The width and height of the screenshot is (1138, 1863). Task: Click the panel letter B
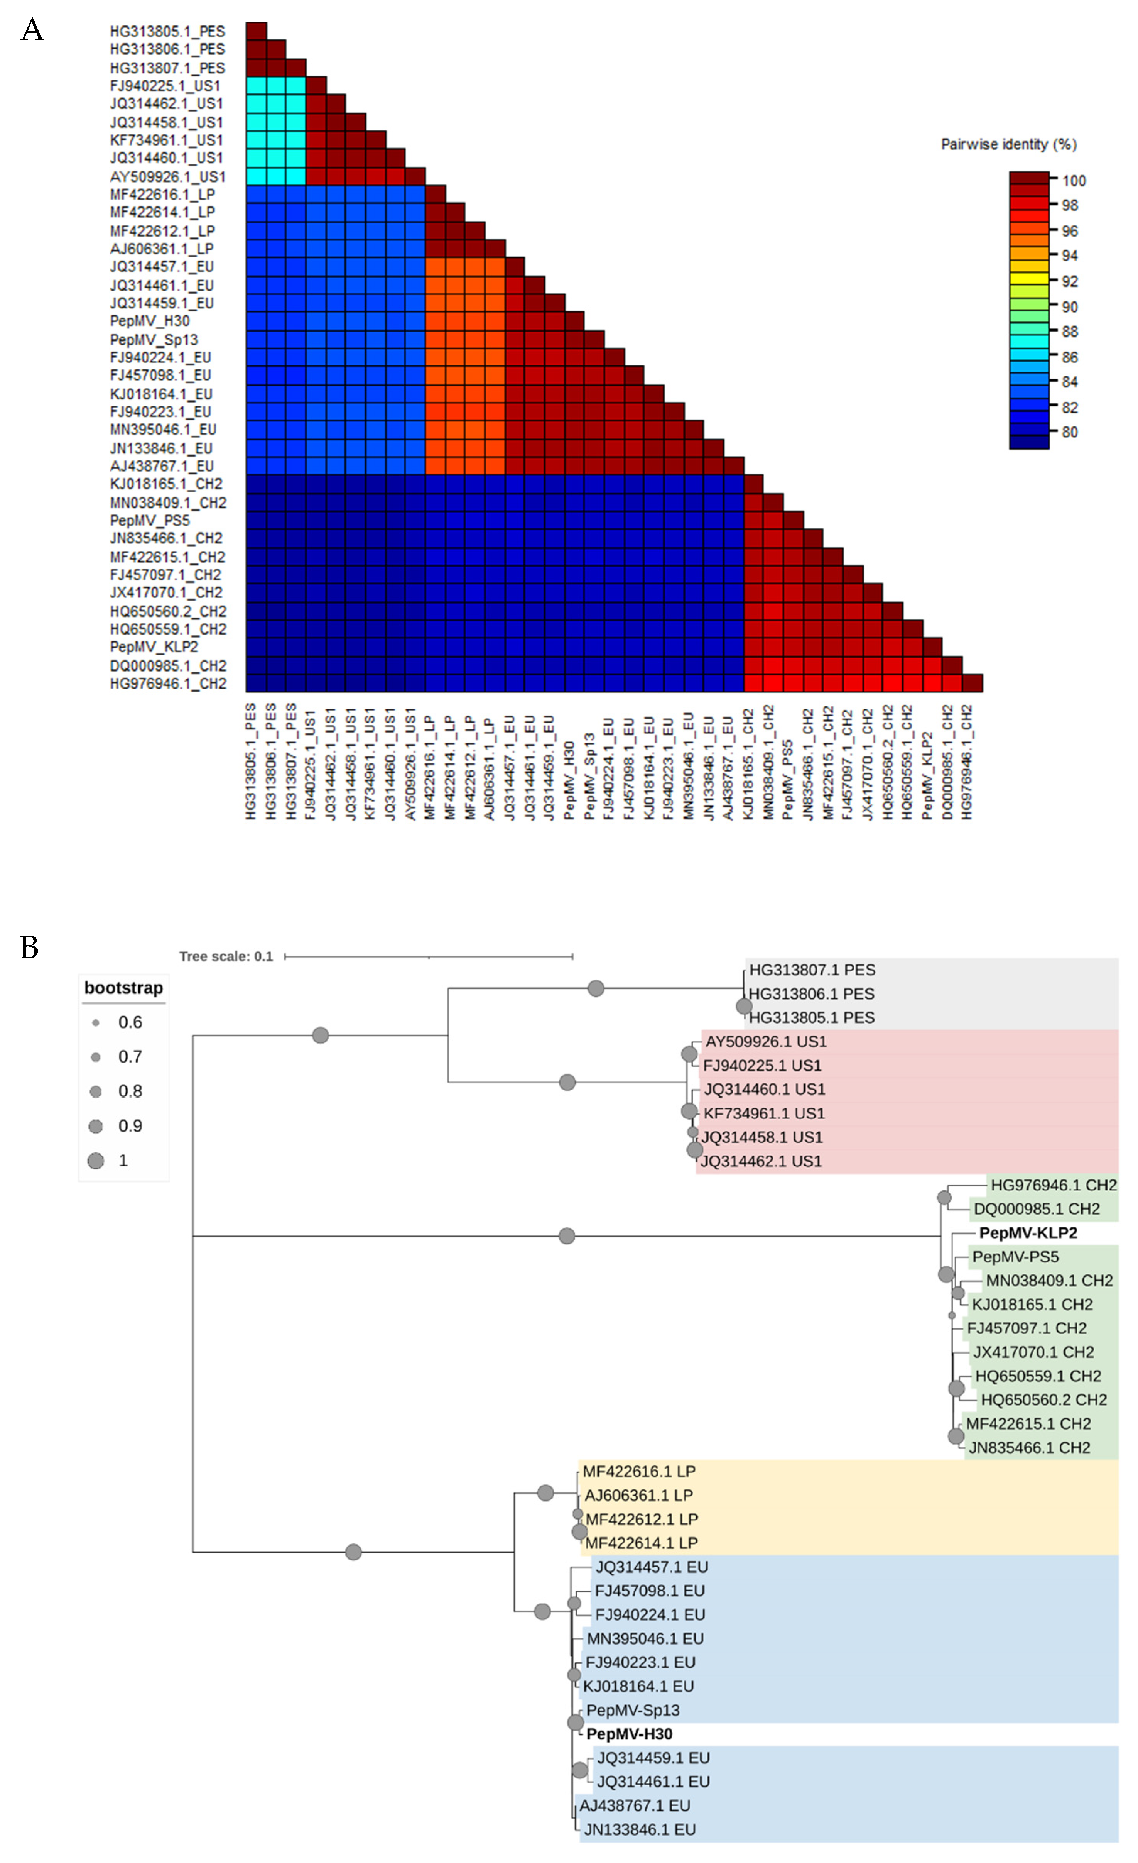[29, 948]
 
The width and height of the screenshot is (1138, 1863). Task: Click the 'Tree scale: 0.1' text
[226, 956]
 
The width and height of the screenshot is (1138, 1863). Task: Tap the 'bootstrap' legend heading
[123, 988]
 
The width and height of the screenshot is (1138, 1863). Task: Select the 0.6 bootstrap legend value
[130, 1022]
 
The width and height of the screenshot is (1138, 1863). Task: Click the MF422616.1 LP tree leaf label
[638, 1471]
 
